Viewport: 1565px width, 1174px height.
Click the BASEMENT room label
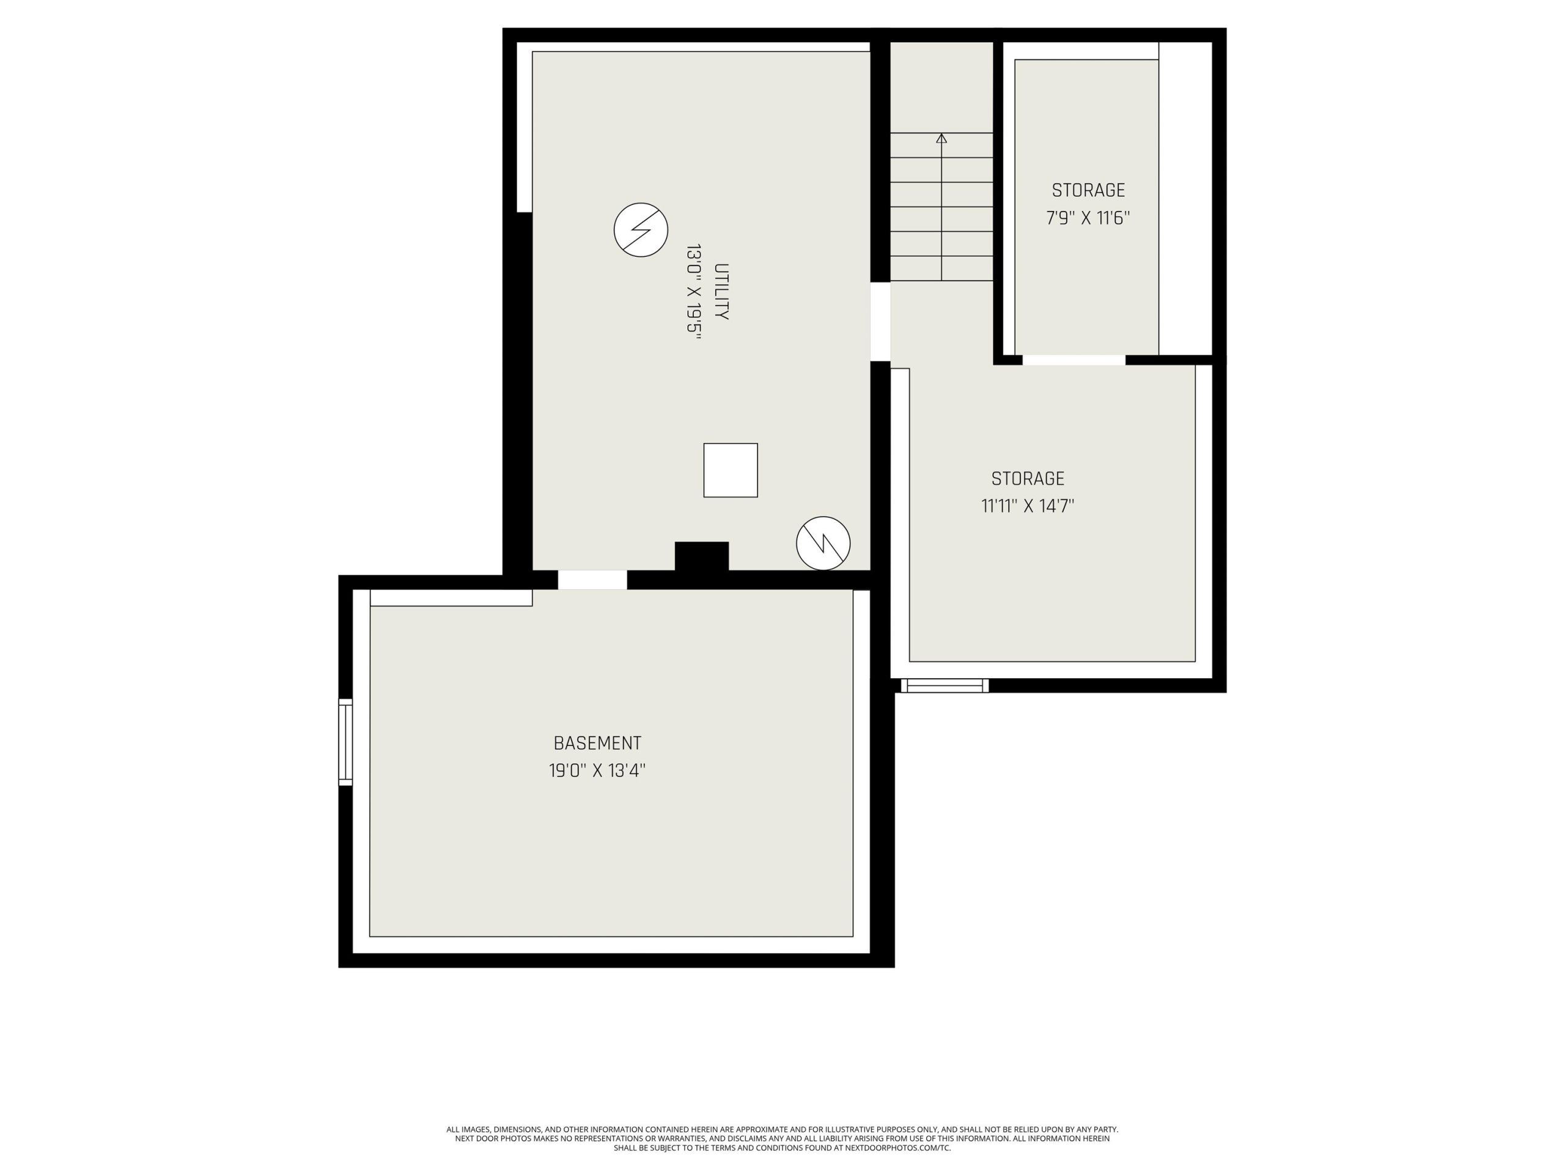[597, 743]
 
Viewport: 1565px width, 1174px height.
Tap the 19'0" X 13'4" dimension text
[597, 770]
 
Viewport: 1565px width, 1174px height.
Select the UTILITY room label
[721, 292]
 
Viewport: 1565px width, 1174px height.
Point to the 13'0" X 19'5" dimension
[693, 292]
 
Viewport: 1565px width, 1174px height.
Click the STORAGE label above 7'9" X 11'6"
[1088, 190]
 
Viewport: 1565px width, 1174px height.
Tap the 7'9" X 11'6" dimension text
[1088, 217]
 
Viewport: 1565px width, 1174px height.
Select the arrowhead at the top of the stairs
[941, 139]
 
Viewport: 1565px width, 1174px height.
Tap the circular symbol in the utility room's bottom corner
[823, 544]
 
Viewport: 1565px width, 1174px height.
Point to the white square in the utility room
[730, 471]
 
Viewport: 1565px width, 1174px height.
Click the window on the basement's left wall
[345, 742]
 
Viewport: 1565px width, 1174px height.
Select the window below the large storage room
[945, 685]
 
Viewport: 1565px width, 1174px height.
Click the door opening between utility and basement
[592, 580]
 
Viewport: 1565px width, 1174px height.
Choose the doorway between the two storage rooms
[1073, 360]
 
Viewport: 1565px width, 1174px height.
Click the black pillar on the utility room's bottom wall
[701, 556]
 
